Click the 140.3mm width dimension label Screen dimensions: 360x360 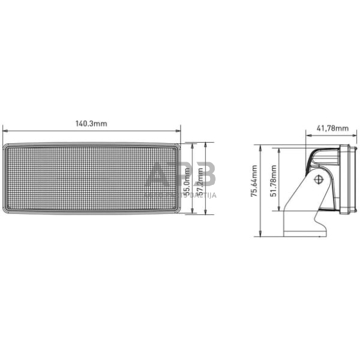point(91,123)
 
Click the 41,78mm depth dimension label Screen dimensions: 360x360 point(332,128)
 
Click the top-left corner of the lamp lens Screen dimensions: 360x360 point(6,147)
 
